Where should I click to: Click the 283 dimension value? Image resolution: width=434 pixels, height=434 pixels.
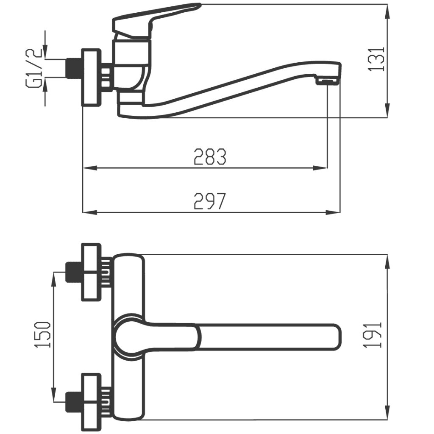click(210, 157)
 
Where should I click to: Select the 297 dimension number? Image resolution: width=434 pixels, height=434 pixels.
click(210, 201)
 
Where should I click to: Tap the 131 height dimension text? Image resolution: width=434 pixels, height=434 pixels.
click(376, 59)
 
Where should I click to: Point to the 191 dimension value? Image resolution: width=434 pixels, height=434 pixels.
click(374, 335)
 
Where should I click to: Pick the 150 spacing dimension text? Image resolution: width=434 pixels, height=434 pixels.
click(42, 335)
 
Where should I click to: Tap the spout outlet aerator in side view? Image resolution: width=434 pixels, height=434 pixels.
click(328, 81)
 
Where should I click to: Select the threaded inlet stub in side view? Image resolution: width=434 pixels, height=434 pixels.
click(74, 68)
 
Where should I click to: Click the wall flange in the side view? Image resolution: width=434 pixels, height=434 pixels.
click(91, 78)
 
